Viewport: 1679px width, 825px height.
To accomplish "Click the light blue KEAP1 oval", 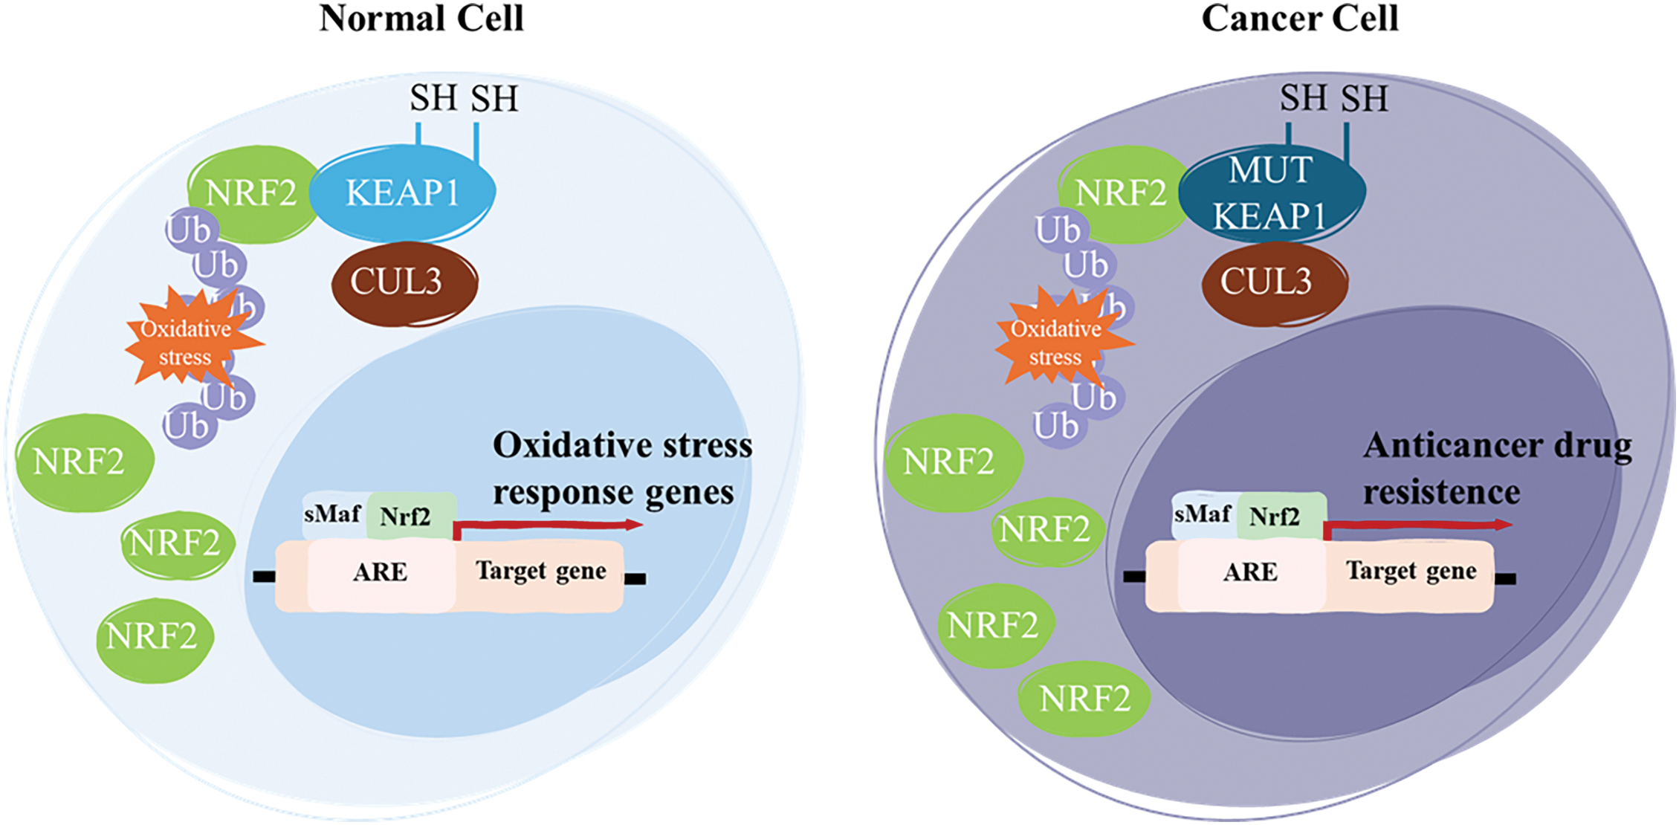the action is (402, 193).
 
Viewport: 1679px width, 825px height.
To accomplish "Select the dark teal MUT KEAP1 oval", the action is (1272, 193).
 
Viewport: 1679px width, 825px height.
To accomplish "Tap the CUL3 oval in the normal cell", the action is (404, 283).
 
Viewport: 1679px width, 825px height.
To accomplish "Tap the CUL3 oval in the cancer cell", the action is (1275, 283).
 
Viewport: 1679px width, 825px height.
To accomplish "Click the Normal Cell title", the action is (421, 18).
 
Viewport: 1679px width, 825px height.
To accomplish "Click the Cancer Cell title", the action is (1300, 18).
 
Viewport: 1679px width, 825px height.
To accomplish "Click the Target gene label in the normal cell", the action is (541, 571).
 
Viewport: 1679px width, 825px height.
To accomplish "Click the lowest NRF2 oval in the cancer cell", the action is (1084, 699).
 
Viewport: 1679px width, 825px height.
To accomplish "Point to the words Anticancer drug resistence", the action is (1497, 469).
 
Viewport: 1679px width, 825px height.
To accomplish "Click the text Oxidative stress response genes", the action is (623, 469).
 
